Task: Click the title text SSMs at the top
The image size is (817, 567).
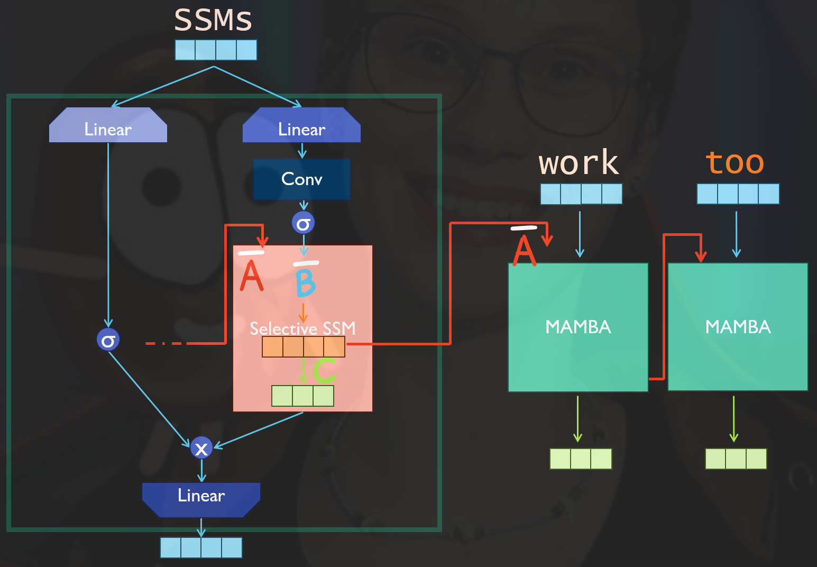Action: [x=213, y=20]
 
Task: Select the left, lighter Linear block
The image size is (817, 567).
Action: [x=108, y=127]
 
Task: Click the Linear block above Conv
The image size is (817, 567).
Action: [x=301, y=127]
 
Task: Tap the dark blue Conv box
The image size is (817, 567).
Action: [x=301, y=179]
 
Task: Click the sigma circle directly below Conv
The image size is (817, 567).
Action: [x=303, y=223]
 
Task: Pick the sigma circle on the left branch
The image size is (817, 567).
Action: [x=108, y=340]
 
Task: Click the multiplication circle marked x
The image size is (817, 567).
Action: [x=201, y=448]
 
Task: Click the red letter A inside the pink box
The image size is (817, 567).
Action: [x=251, y=276]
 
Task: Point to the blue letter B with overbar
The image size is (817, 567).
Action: [x=306, y=282]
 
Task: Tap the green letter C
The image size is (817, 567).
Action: [x=324, y=370]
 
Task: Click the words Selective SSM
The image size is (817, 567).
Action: [x=302, y=328]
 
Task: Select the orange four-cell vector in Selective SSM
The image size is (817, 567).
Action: [x=304, y=347]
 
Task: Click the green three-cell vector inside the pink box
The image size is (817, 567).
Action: [x=302, y=396]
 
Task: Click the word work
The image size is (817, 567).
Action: [x=579, y=163]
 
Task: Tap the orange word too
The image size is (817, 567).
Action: [x=735, y=163]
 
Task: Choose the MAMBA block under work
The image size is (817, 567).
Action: [x=578, y=327]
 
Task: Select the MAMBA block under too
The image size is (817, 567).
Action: [x=738, y=327]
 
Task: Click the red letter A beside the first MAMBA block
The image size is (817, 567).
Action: [x=525, y=250]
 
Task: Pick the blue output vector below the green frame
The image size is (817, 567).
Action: [x=201, y=547]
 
